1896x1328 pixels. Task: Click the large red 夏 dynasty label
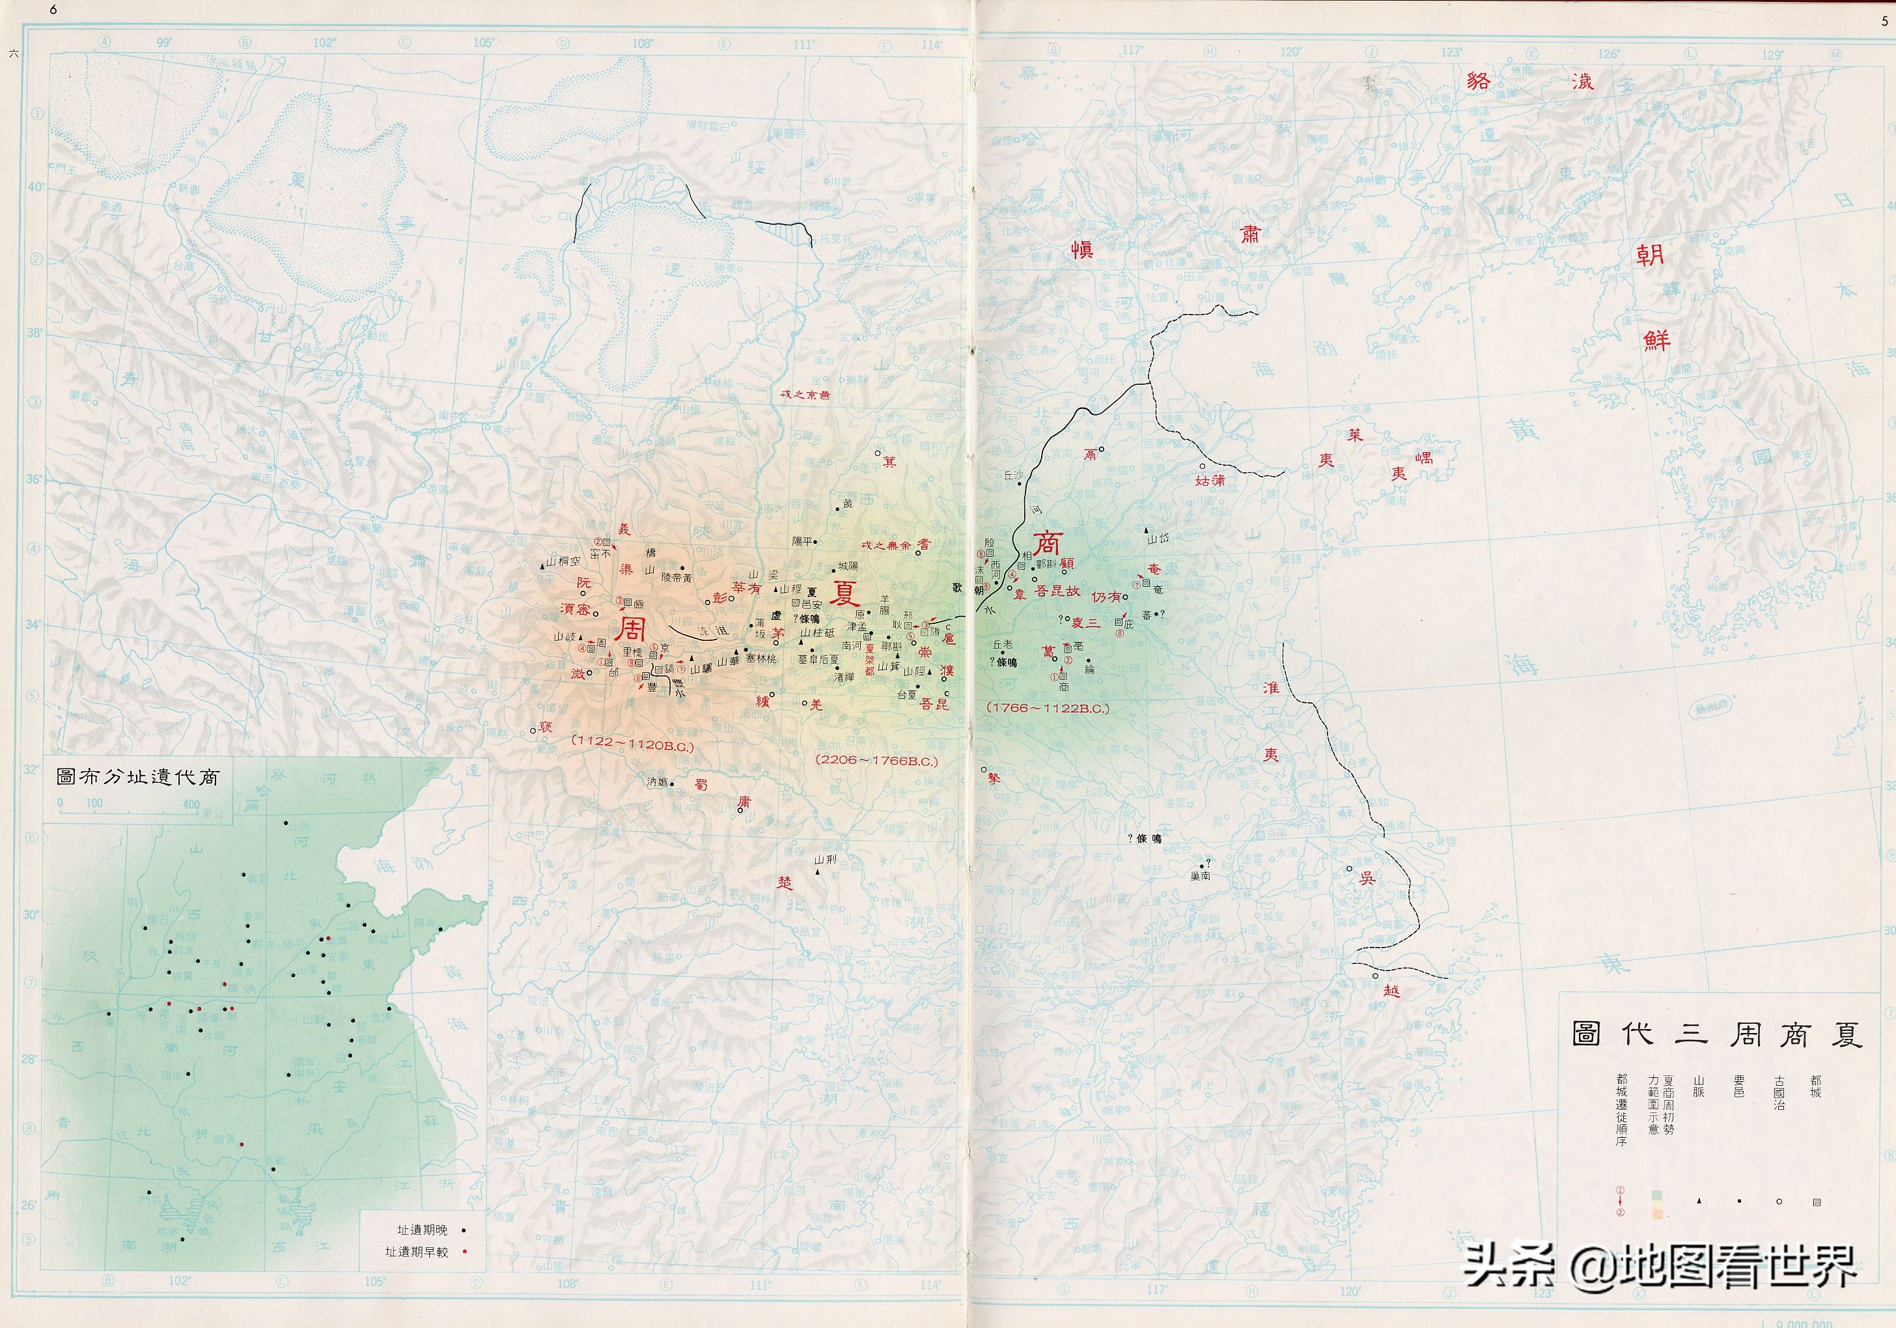pos(843,592)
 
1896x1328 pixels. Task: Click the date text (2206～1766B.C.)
pos(876,761)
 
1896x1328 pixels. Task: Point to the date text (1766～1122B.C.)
pos(1047,708)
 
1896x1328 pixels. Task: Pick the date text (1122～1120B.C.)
pos(632,743)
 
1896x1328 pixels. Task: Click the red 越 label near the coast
pos(1391,990)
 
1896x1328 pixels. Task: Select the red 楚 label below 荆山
pos(785,883)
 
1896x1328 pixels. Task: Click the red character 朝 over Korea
pos(1650,255)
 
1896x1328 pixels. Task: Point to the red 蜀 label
pos(701,785)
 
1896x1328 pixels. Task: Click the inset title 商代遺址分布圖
pos(137,777)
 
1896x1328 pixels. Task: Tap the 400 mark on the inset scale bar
pos(191,804)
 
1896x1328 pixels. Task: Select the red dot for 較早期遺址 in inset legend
pos(464,1252)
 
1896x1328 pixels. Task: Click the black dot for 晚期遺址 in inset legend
pos(464,1230)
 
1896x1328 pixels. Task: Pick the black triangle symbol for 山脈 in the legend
pos(1699,1201)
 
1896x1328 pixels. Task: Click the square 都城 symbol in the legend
pos(1816,1202)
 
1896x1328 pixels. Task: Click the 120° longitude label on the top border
pos(1290,51)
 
